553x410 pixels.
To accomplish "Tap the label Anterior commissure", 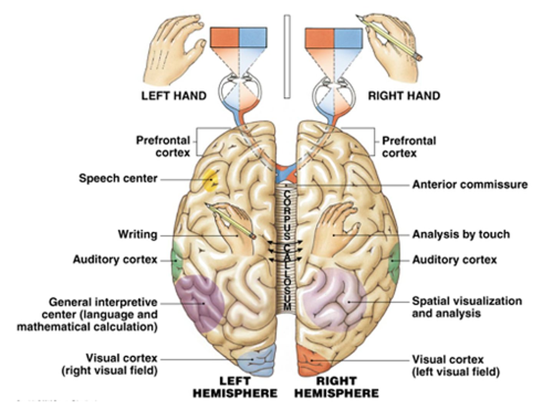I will point(470,185).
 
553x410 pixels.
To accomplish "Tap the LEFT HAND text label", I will point(174,96).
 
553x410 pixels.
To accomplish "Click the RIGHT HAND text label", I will point(404,96).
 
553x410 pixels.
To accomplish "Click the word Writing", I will point(137,234).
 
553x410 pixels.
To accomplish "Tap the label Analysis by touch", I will point(461,234).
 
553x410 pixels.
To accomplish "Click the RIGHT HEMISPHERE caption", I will point(336,387).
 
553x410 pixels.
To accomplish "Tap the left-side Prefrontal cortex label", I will point(163,146).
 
